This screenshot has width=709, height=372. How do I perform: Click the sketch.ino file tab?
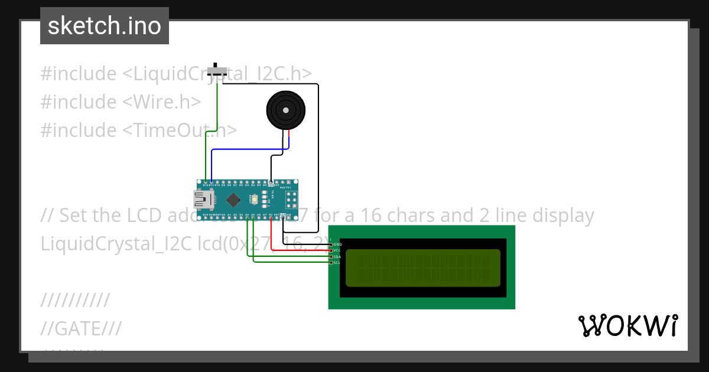click(x=105, y=26)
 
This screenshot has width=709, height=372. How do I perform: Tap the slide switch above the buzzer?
click(x=219, y=71)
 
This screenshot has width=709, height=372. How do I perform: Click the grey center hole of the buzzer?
click(x=286, y=110)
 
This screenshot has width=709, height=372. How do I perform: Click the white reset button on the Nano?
click(x=254, y=200)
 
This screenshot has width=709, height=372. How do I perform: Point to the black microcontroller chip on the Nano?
click(x=233, y=200)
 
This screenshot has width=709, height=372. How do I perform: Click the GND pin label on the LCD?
click(x=337, y=244)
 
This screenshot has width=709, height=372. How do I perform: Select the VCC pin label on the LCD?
click(x=337, y=250)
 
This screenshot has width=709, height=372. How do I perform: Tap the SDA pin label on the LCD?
click(x=337, y=256)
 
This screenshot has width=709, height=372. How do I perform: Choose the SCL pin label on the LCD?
click(x=337, y=262)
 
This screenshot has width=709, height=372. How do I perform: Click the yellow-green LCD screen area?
click(x=422, y=267)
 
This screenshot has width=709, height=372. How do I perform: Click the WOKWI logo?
click(x=627, y=326)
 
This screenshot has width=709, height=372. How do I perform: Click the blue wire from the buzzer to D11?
click(x=248, y=149)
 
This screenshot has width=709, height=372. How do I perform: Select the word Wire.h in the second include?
click(x=164, y=102)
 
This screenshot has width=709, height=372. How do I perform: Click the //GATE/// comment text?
click(x=81, y=328)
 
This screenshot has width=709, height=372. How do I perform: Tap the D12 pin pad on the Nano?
click(x=205, y=182)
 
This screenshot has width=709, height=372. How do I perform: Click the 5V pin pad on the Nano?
click(x=271, y=217)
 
